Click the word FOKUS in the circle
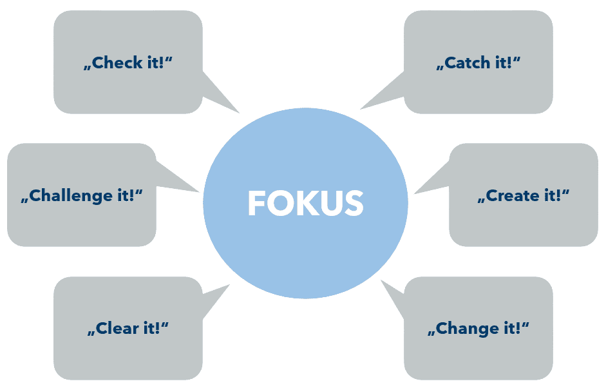pyautogui.click(x=305, y=203)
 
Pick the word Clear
pyautogui.click(x=117, y=328)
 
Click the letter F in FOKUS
pyautogui.click(x=256, y=203)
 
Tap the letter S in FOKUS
pyautogui.click(x=353, y=203)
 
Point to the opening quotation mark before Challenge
pyautogui.click(x=24, y=200)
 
